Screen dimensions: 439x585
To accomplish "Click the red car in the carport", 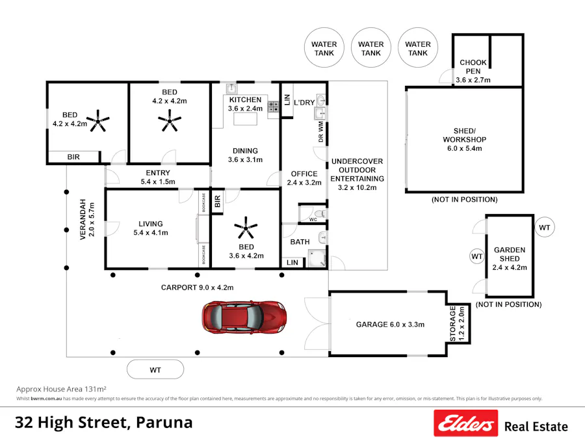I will tap(244, 317).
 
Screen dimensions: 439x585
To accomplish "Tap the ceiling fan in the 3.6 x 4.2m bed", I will tap(246, 229).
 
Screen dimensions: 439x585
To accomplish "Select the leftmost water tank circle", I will tap(324, 49).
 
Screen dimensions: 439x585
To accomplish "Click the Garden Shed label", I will tap(510, 258).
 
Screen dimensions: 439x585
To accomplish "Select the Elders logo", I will tap(465, 423).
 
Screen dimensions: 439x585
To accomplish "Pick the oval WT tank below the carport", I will tap(155, 370).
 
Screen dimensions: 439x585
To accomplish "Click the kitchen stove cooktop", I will tap(274, 107).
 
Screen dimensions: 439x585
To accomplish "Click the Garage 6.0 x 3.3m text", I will tap(390, 324).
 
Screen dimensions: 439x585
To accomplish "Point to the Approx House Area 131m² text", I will tap(61, 388).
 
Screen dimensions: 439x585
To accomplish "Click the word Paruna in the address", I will tap(165, 422).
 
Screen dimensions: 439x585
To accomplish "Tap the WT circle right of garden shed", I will tap(544, 228).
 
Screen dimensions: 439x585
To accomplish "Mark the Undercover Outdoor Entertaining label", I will tap(357, 174).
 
